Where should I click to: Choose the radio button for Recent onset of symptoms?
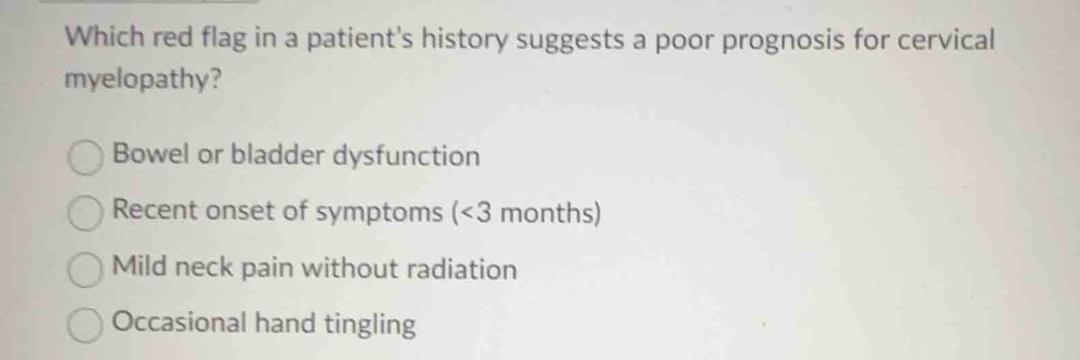tap(85, 214)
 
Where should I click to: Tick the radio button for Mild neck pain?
tap(85, 271)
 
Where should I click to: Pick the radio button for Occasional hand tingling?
tap(85, 326)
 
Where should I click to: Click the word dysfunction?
tap(406, 157)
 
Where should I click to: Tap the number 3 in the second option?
tap(484, 213)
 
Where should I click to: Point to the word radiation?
tap(462, 269)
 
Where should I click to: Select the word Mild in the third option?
tap(138, 266)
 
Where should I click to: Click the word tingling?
tap(370, 325)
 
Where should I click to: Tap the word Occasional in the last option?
tap(179, 322)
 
